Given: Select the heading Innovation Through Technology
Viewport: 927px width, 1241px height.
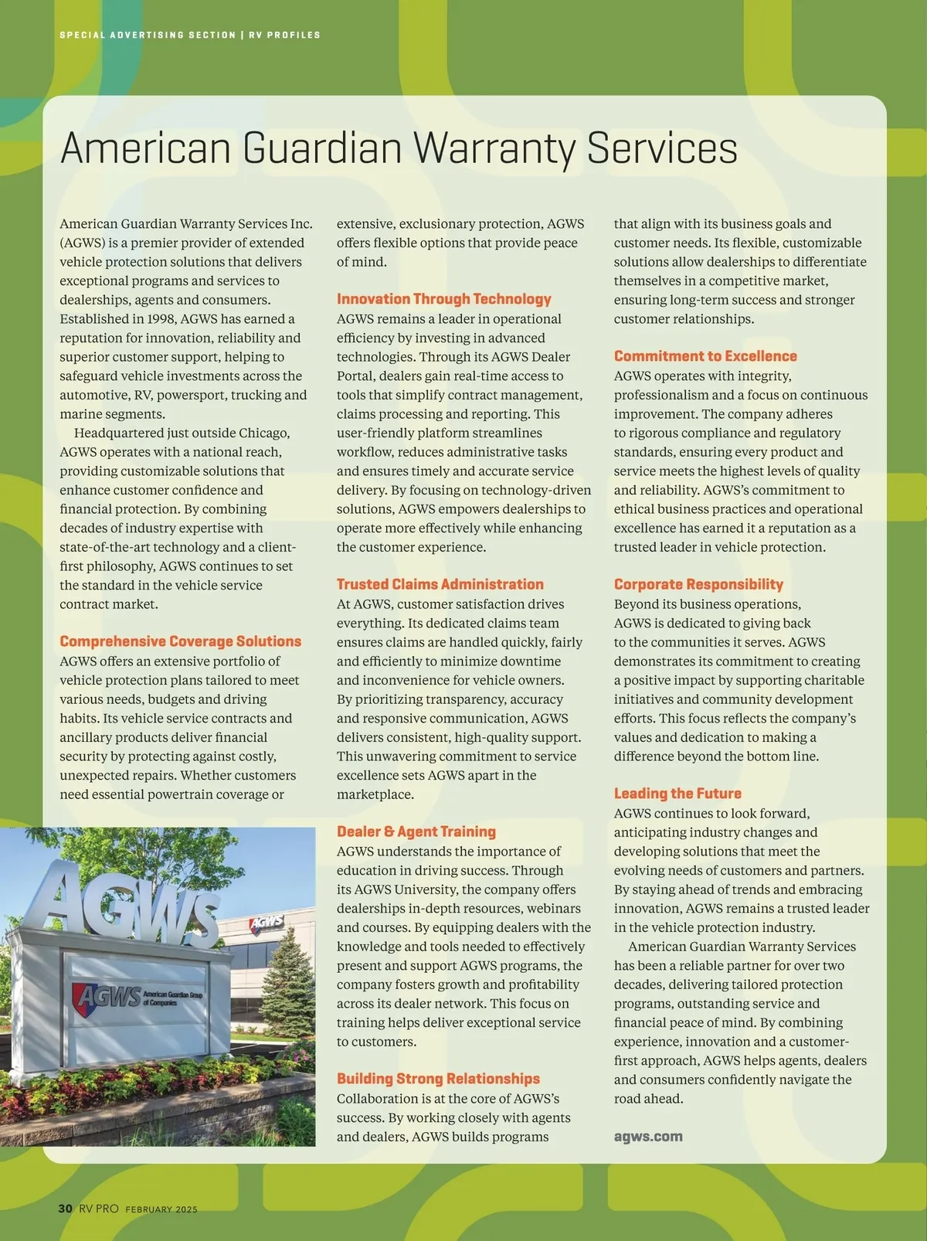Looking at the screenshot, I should point(443,299).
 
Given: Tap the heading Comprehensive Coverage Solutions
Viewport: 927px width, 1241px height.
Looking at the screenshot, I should point(180,641).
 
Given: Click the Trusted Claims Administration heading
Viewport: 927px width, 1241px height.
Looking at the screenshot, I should point(440,584).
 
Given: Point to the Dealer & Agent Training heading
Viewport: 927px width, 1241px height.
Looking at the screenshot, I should point(416,831).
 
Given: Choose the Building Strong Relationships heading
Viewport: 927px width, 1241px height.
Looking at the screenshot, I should point(438,1079).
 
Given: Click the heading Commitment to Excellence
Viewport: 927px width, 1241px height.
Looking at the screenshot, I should point(705,356).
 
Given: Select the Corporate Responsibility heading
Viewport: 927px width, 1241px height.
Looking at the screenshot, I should point(698,584).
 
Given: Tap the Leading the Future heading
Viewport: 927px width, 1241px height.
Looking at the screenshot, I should point(677,794).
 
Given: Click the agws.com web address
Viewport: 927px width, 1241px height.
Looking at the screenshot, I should point(647,1137).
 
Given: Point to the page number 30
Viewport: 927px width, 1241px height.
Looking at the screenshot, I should point(66,1209).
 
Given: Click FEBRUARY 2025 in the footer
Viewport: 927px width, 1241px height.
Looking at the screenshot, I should point(161,1209).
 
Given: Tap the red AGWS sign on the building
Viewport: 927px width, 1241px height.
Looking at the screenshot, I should point(267,923).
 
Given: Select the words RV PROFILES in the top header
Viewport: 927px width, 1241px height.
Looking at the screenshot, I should point(284,35).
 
